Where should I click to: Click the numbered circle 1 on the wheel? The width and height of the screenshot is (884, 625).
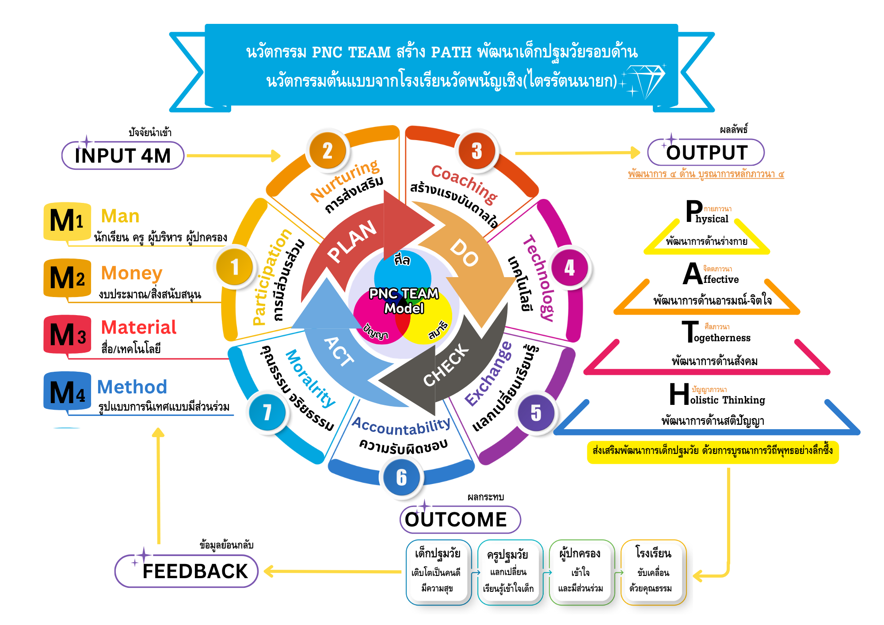(235, 267)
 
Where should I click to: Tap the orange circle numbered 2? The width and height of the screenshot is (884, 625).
(328, 151)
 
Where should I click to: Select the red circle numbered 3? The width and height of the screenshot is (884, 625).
(477, 151)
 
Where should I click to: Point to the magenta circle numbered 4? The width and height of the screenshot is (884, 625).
(570, 267)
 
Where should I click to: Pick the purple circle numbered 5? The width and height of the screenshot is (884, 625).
(536, 413)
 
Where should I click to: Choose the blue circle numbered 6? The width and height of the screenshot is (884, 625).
(401, 477)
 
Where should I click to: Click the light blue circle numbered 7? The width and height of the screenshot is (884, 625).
(267, 412)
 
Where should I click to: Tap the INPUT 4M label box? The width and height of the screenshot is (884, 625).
(123, 156)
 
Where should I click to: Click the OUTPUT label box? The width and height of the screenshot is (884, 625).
(706, 152)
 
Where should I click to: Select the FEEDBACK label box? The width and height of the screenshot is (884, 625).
(187, 571)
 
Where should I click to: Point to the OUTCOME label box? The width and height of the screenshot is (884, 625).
(460, 519)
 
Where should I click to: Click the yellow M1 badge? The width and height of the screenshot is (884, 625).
(67, 221)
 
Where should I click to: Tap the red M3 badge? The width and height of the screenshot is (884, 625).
(67, 335)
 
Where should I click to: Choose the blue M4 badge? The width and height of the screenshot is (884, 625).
(67, 392)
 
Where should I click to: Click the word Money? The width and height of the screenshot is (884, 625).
(132, 273)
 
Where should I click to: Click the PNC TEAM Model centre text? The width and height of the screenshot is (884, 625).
(404, 301)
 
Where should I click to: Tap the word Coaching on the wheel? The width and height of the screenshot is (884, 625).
(464, 183)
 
